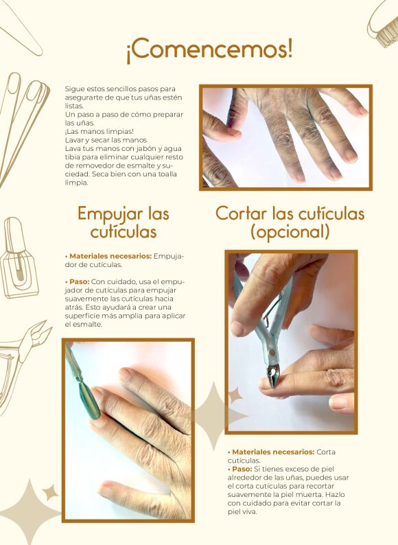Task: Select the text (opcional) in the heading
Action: (x=290, y=232)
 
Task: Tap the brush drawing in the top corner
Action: (x=384, y=23)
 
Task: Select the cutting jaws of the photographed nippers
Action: (x=272, y=375)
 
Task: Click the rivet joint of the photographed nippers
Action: (x=272, y=353)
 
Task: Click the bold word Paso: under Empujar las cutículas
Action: (x=79, y=281)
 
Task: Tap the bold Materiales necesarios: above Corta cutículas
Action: (x=273, y=452)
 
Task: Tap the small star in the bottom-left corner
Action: (x=50, y=493)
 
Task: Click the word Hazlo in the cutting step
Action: (x=336, y=494)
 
